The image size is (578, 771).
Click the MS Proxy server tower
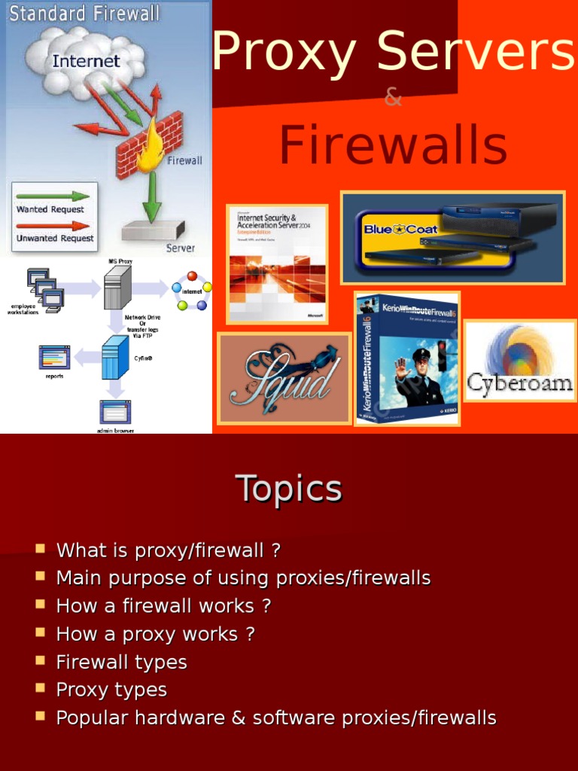117,287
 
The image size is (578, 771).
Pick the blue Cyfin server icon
115,357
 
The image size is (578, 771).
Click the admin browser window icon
115,412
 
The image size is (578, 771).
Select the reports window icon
54,356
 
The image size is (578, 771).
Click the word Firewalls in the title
393,146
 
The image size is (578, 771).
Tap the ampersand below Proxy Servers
393,98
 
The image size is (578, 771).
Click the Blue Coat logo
400,229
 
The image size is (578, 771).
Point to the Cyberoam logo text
519,382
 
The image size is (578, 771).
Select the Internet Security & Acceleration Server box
277,264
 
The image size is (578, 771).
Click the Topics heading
289,489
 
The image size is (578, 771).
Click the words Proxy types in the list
111,690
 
